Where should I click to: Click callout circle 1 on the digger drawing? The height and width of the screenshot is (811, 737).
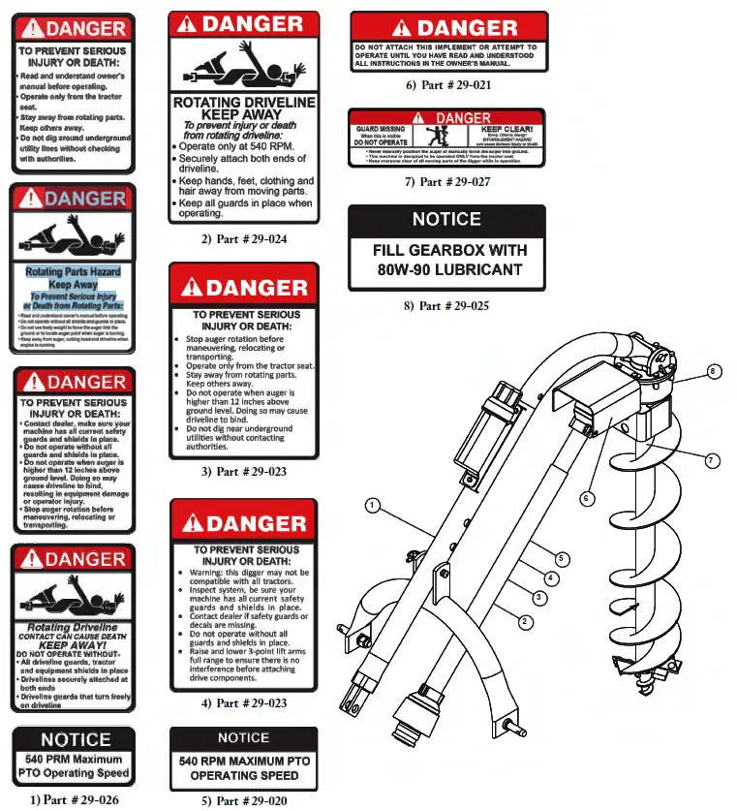coord(373,505)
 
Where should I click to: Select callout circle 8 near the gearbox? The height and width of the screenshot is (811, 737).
coord(713,371)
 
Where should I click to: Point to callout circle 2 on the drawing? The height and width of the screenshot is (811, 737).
coord(524,620)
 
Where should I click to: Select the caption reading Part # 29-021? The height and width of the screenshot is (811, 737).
coord(448,85)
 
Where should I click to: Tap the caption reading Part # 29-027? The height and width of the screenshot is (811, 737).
coord(448,181)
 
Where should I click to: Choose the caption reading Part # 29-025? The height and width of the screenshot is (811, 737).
coord(448,305)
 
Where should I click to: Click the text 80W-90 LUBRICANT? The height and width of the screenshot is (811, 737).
coord(449,270)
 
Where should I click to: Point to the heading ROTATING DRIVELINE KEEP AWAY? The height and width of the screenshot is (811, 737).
coord(243,108)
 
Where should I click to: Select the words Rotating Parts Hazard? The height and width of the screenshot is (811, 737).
coord(73,273)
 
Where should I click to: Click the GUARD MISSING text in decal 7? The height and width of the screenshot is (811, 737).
coord(381,129)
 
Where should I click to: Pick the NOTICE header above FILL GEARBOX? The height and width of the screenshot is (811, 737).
coord(446,220)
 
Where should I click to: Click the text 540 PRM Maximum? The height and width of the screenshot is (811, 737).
coord(74,759)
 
